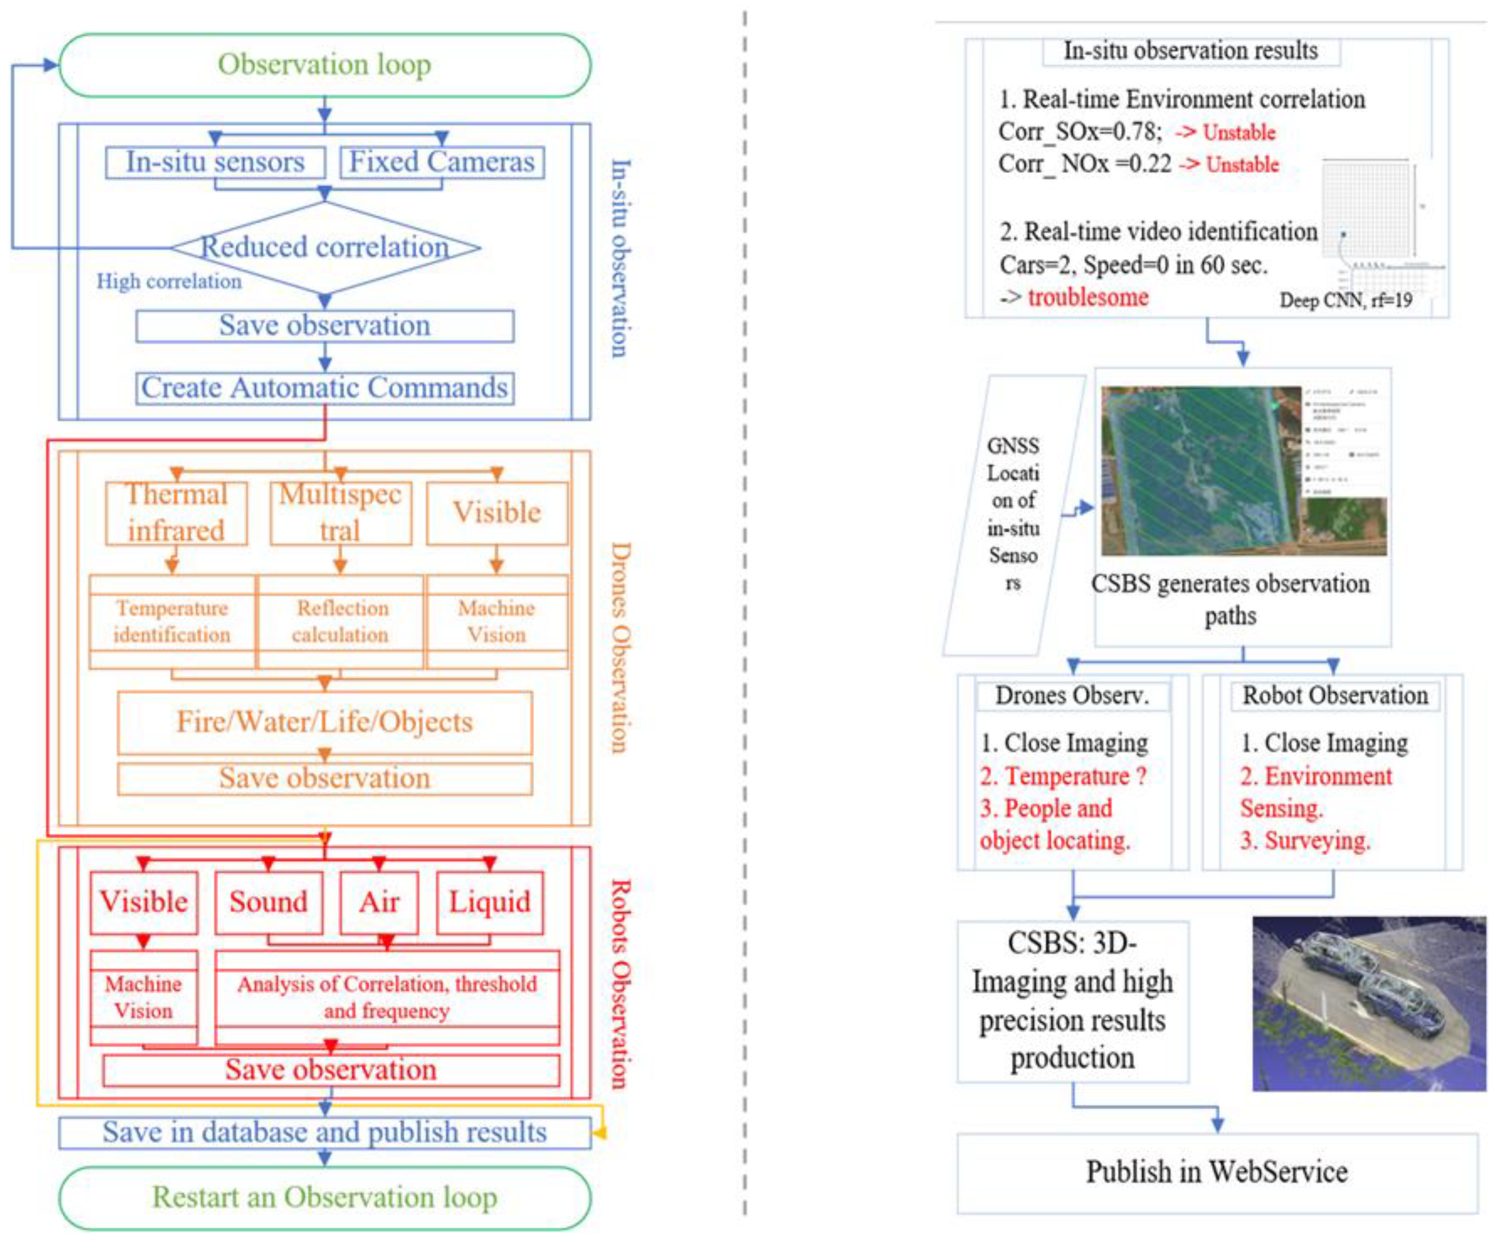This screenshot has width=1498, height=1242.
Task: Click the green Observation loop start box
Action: coord(325,65)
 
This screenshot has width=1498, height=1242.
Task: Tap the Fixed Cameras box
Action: coord(442,162)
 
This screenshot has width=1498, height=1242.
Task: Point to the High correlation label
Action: coord(169,282)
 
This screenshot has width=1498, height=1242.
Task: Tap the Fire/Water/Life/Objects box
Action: coord(325,722)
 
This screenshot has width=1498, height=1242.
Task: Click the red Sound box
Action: coord(268,902)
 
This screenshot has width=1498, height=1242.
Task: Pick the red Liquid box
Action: coord(489,902)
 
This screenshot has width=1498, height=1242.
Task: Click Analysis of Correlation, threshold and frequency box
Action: coord(387,997)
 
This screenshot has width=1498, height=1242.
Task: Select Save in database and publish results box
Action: coord(325,1132)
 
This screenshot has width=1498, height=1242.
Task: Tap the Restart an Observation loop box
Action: coord(325,1198)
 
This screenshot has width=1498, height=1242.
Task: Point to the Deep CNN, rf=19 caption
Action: coord(1345,300)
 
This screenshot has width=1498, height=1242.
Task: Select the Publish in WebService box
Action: coord(1216,1172)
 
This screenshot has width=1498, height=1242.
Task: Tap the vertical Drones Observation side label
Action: coord(620,648)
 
